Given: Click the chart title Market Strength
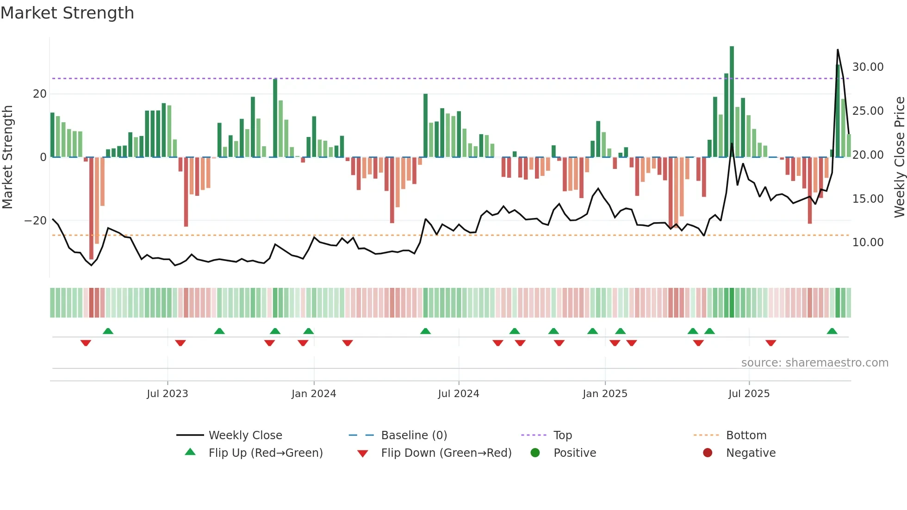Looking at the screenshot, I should [67, 13].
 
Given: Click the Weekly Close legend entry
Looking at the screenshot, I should [245, 435].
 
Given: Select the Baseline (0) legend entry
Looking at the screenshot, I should [414, 435].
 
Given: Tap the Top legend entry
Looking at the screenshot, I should [562, 435].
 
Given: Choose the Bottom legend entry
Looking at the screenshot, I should [746, 435].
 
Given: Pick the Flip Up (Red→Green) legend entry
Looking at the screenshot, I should [265, 453].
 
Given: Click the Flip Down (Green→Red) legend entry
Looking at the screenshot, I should [446, 453].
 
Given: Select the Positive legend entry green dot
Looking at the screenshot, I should [535, 453].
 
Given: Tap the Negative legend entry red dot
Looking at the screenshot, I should [708, 453].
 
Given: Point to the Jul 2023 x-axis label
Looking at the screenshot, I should [167, 394].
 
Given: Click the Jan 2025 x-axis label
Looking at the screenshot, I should [605, 394].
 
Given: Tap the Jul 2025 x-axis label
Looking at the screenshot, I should [749, 394].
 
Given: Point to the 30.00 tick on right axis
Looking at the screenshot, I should [868, 67].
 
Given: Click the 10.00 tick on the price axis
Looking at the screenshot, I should [868, 243].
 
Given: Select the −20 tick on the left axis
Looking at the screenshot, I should [36, 221].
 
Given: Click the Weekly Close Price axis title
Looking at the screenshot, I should [899, 157].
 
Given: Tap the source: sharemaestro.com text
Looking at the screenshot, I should [814, 363].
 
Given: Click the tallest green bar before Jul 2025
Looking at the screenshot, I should [732, 102].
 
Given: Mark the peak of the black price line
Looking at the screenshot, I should [838, 50].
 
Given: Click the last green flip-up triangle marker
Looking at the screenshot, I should [832, 331].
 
